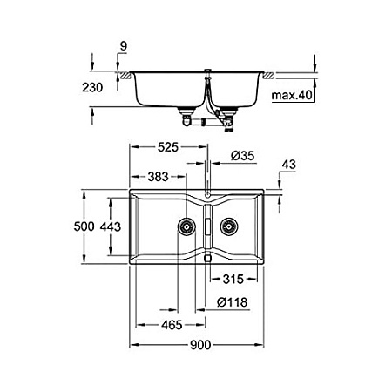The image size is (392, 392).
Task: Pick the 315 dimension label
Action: click(233, 280)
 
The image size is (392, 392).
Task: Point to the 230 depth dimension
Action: click(103, 88)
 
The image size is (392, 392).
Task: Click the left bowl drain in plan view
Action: click(186, 227)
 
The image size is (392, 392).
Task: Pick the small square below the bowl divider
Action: click(208, 259)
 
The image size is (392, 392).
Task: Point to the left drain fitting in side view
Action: click(186, 112)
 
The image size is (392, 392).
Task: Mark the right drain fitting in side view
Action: click(230, 114)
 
